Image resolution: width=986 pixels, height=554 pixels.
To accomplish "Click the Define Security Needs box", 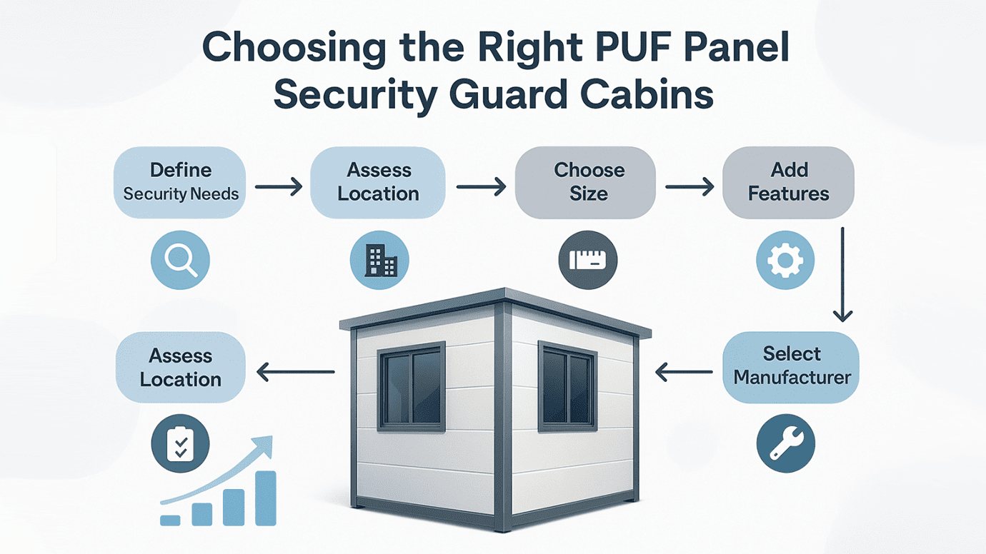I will click(180, 182).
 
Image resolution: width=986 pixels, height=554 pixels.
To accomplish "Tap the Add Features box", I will click(789, 182).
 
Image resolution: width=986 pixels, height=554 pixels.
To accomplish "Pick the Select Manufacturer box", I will click(791, 366).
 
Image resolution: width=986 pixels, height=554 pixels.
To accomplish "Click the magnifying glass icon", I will click(180, 260).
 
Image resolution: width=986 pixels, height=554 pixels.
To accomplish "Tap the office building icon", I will click(379, 260).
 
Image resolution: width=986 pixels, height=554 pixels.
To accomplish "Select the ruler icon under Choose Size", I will click(587, 260).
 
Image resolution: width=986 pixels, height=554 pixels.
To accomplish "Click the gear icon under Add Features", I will click(785, 260).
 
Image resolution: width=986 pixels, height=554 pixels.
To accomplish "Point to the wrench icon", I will click(785, 443).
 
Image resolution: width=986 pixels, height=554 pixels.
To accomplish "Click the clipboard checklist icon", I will click(180, 443).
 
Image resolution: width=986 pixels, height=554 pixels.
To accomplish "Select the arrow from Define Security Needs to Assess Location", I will click(279, 188).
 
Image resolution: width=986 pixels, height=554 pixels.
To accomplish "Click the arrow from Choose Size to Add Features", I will click(689, 188).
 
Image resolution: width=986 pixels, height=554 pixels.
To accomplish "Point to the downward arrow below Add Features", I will click(843, 275).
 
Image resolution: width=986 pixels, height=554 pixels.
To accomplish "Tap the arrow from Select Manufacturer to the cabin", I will click(684, 371).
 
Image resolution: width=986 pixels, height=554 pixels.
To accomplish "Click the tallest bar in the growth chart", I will click(266, 498).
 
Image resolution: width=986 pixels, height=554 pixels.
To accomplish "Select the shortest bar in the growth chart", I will click(170, 520).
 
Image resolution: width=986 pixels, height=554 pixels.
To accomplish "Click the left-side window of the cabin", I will click(412, 386).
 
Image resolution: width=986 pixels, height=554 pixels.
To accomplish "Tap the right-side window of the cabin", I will click(567, 386).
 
